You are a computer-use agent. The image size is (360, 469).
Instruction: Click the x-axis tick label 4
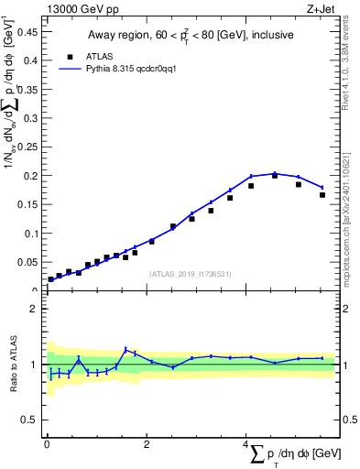[x=245, y=443]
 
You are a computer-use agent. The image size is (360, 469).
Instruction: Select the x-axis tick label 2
[x=147, y=443]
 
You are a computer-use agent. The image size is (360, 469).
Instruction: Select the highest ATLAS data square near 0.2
[x=275, y=175]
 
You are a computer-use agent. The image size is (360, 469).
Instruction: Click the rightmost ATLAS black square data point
[x=322, y=194]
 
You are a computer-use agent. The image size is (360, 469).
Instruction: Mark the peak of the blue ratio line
[x=125, y=349]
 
